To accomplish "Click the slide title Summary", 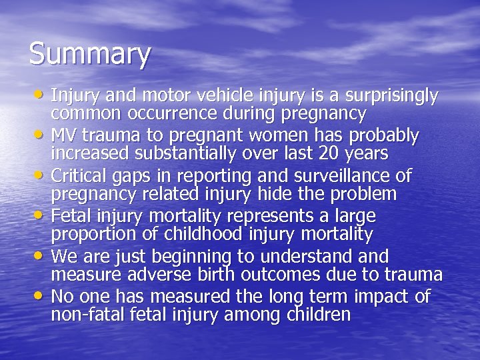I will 90,54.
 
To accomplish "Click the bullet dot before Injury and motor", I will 41,95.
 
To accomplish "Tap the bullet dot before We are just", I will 41,255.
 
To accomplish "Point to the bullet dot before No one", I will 41,295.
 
